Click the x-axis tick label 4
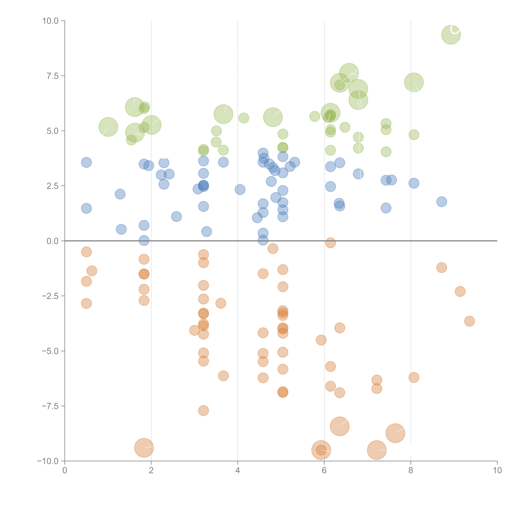(238, 471)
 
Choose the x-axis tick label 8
(411, 471)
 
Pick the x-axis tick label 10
(497, 471)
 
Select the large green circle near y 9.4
(451, 35)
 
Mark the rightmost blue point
(442, 202)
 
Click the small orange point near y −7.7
(203, 410)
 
